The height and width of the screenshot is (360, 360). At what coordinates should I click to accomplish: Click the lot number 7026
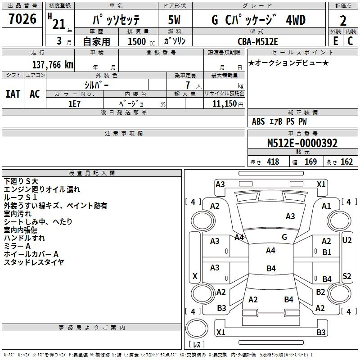[22, 19]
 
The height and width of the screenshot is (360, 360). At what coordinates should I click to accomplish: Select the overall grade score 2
[343, 21]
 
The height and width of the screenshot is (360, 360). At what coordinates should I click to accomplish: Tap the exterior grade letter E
[336, 41]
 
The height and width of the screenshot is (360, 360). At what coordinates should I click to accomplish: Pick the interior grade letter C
[350, 41]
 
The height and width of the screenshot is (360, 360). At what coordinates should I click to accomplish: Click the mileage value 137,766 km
[53, 65]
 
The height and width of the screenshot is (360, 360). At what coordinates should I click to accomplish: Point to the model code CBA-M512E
[258, 41]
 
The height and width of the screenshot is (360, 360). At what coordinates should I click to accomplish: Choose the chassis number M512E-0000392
[302, 143]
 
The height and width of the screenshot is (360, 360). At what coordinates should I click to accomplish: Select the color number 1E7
[74, 104]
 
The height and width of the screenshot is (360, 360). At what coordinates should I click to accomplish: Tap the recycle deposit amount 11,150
[225, 104]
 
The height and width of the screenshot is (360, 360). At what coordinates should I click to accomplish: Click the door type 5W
[174, 20]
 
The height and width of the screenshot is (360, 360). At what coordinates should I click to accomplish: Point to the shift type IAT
[13, 94]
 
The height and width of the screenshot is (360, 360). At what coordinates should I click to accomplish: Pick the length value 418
[273, 162]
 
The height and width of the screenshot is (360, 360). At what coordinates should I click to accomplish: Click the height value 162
[346, 162]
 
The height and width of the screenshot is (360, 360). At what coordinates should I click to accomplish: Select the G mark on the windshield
[284, 237]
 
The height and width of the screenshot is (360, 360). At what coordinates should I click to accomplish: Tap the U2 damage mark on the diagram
[346, 240]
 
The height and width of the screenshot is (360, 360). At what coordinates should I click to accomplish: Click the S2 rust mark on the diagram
[346, 276]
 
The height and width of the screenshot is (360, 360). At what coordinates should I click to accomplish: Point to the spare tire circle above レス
[197, 328]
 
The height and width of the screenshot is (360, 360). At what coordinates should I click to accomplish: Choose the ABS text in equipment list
[258, 121]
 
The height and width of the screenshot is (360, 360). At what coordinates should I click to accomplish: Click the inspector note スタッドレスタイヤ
[34, 262]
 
